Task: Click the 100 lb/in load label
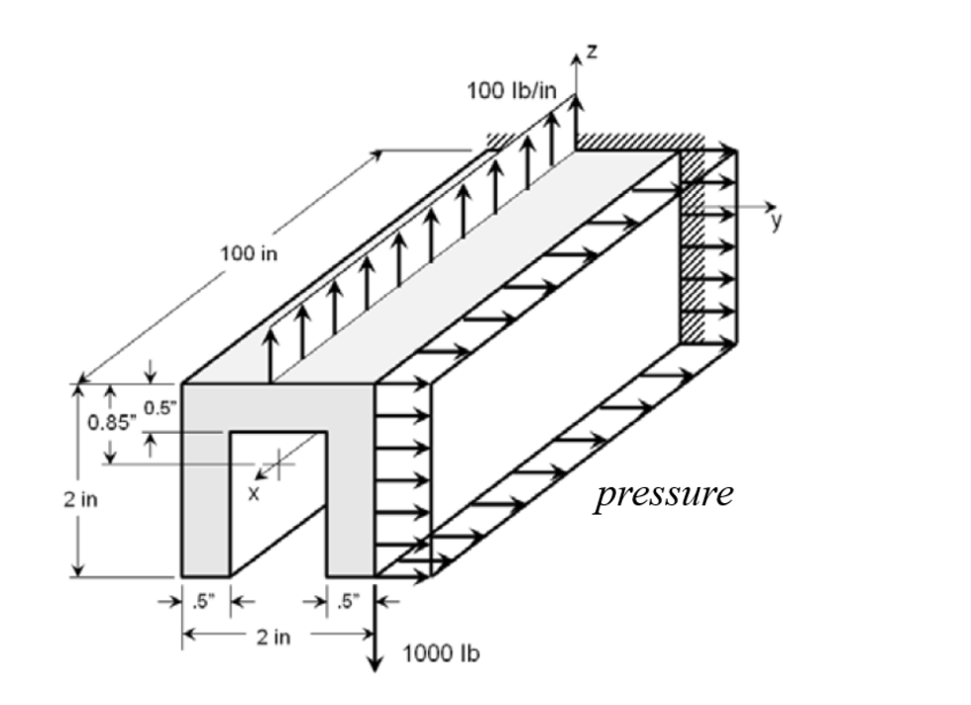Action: tap(511, 91)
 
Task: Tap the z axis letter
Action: tap(593, 51)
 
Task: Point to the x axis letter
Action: tap(254, 493)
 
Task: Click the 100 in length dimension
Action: tap(249, 253)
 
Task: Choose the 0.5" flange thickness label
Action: tap(161, 407)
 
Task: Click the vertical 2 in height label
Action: tap(80, 499)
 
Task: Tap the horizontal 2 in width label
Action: tap(273, 637)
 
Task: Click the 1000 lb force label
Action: tap(441, 653)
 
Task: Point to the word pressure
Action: tap(664, 495)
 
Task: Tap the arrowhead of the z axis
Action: tap(577, 58)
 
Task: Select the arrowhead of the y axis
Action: tap(771, 207)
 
